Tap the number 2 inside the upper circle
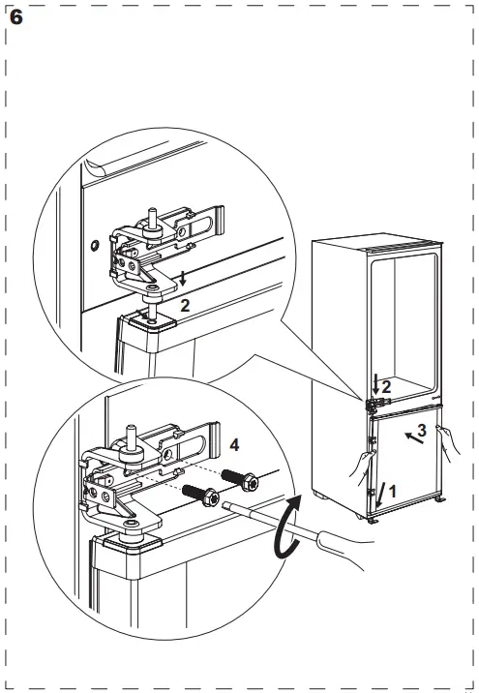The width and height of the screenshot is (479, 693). tap(185, 303)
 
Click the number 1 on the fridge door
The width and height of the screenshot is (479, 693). tap(392, 491)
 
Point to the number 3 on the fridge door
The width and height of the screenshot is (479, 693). tap(421, 428)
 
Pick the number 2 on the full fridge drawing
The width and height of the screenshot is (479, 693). tap(386, 387)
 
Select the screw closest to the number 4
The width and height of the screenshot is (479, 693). tap(237, 477)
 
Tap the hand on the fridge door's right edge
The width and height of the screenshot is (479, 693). tap(448, 443)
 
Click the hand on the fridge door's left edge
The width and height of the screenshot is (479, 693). tap(361, 469)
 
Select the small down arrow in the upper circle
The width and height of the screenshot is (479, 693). tap(182, 281)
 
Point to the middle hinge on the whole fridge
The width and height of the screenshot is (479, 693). tap(373, 399)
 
